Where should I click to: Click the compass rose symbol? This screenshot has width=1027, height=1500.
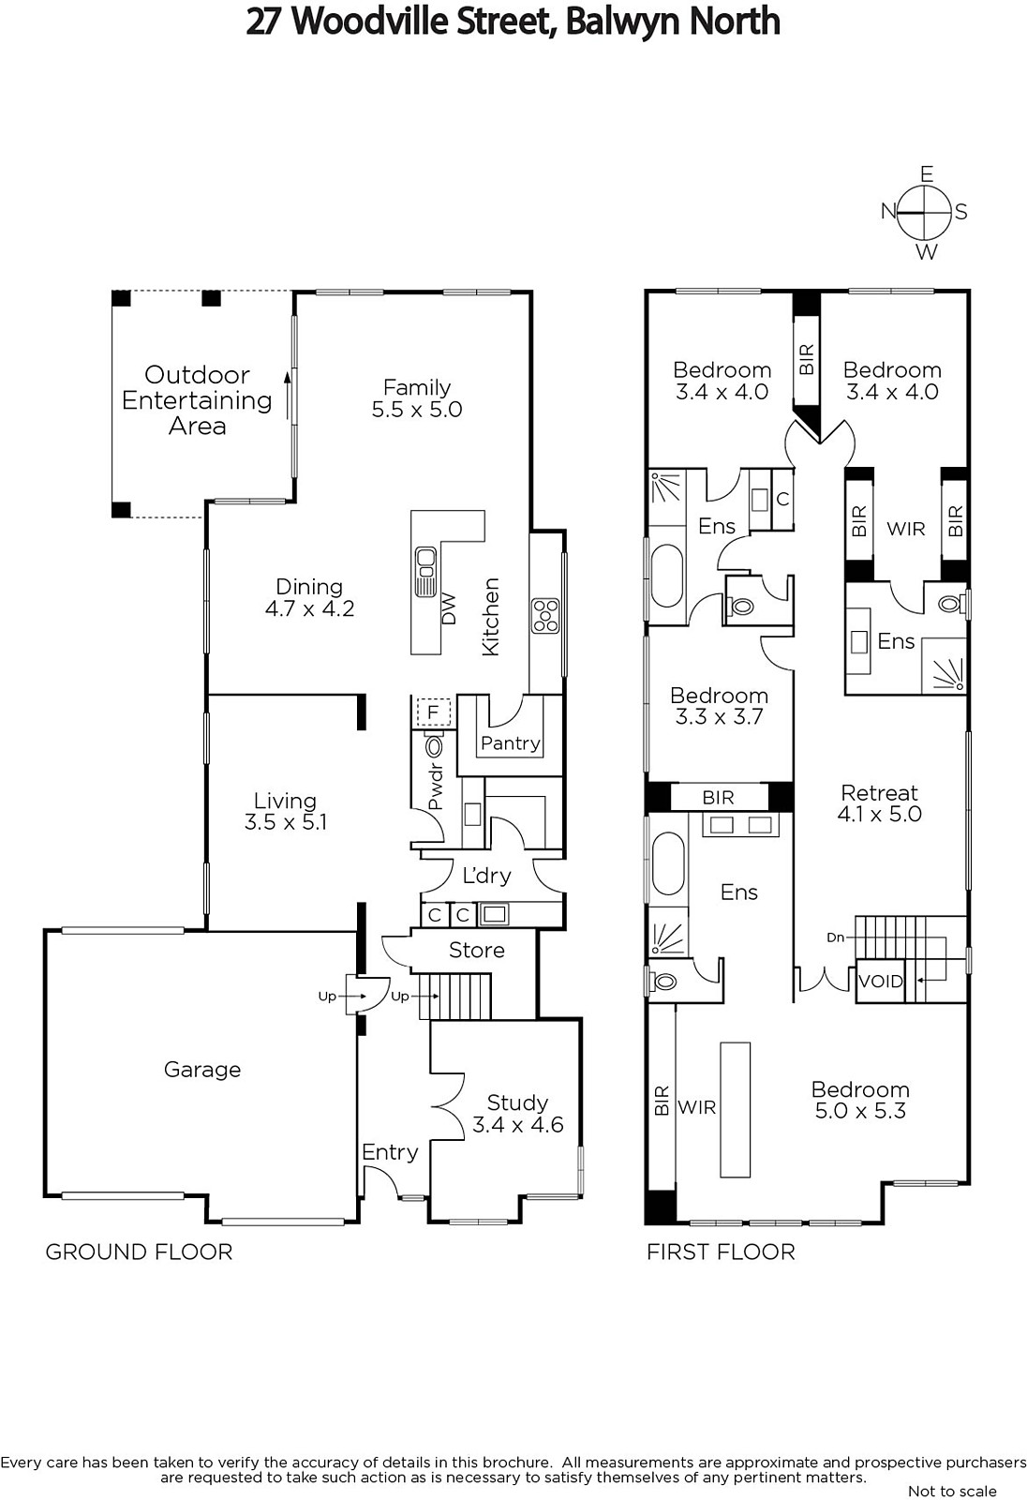(924, 212)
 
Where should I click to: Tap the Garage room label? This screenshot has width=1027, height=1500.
(202, 1070)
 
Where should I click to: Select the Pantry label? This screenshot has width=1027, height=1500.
(510, 742)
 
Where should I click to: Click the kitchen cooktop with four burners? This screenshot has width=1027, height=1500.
(545, 616)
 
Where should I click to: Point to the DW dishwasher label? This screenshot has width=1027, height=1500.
(449, 608)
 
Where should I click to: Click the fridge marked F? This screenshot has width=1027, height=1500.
(433, 712)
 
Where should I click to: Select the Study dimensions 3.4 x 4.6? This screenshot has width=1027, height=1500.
(517, 1124)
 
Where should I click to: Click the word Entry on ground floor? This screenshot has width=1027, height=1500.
(390, 1152)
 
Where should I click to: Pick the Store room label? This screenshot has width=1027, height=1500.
(477, 950)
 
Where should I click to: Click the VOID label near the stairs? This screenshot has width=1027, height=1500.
(881, 982)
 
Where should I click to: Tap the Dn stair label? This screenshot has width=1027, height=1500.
(836, 937)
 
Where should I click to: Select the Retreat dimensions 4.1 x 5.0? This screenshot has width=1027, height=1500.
(880, 814)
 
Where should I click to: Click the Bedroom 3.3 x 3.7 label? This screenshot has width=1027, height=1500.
(719, 706)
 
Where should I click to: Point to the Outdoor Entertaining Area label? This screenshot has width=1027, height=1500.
(197, 399)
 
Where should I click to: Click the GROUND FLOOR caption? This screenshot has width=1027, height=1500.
(139, 1252)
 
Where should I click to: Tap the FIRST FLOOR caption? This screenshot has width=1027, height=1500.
(721, 1252)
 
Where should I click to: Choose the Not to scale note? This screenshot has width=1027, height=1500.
(952, 1491)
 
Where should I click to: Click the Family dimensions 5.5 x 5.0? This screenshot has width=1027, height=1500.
(417, 409)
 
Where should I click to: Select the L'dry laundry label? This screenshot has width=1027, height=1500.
(486, 875)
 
